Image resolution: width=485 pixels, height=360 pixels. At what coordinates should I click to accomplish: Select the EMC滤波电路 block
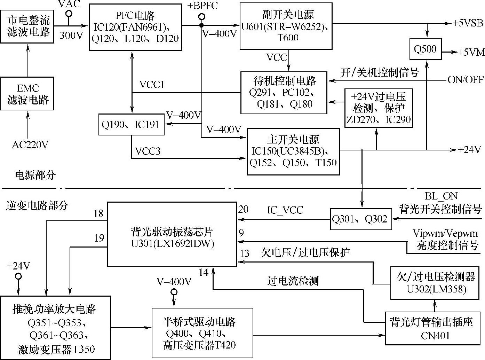(x=27, y=94)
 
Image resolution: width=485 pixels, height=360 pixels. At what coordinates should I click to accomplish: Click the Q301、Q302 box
(x=360, y=219)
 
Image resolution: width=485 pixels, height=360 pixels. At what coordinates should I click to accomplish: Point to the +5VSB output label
(x=468, y=23)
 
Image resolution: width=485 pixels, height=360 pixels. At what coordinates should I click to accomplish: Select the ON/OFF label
(x=466, y=80)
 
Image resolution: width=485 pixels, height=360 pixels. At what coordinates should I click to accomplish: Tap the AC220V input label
(x=30, y=145)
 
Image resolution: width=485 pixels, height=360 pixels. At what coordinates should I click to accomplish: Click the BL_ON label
(x=442, y=196)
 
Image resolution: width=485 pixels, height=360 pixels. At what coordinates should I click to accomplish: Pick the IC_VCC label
(x=285, y=210)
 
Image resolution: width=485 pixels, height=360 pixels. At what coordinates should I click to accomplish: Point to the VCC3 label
(x=148, y=151)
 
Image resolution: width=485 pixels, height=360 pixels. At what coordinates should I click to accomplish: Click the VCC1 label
(x=152, y=85)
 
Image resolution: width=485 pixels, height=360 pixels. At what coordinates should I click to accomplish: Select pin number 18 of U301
(x=99, y=213)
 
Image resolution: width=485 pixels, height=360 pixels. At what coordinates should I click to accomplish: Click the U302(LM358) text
(x=436, y=289)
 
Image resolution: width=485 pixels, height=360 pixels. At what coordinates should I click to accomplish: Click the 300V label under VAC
(x=71, y=35)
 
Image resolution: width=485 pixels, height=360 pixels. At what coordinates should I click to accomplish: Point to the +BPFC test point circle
(x=201, y=16)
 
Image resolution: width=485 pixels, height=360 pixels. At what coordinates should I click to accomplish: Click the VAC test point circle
(x=69, y=14)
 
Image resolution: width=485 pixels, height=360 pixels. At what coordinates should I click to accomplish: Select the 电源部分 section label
(x=35, y=175)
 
